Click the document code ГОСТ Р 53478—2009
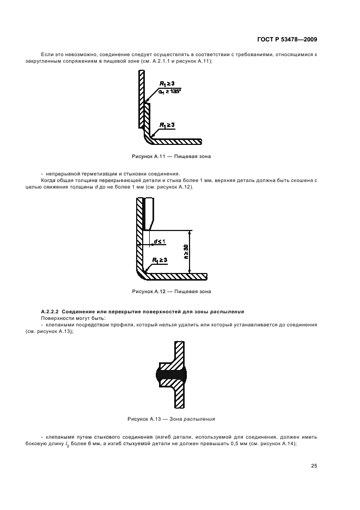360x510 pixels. [287, 40]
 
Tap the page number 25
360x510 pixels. [314, 466]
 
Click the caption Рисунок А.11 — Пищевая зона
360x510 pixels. [172, 156]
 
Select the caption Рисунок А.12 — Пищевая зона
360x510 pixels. [172, 292]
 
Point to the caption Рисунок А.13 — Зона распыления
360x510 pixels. [172, 419]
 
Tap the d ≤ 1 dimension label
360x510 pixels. [160, 241]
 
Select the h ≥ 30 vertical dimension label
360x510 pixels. [186, 251]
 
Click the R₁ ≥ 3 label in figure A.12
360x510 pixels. [160, 260]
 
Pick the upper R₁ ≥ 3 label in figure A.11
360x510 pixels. [167, 83]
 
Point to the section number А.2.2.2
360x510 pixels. [51, 312]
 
